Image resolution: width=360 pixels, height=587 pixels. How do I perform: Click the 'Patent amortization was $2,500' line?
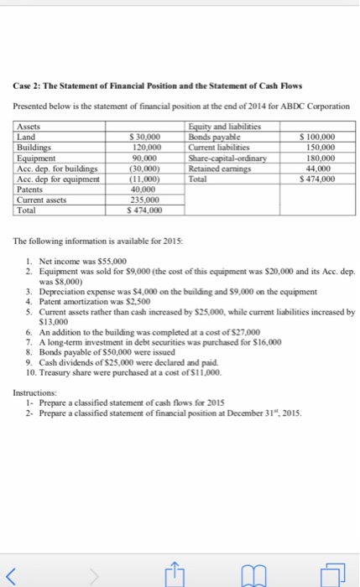[91, 300]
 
